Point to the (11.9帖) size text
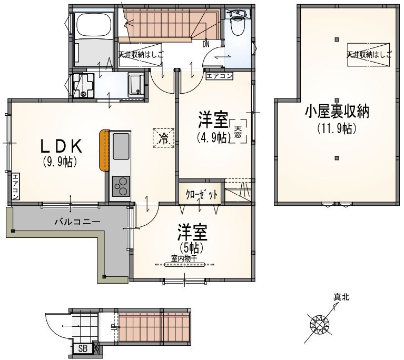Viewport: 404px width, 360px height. (337, 127)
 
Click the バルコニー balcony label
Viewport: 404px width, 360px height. (76, 222)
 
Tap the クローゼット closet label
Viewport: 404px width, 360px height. (202, 194)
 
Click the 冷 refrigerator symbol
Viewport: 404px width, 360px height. (164, 138)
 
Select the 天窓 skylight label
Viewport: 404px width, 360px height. (238, 131)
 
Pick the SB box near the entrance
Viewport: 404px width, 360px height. (83, 348)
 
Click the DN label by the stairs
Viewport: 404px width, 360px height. (205, 44)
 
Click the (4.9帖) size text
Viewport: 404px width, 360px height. (212, 138)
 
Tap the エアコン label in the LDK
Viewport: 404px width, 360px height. (16, 186)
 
